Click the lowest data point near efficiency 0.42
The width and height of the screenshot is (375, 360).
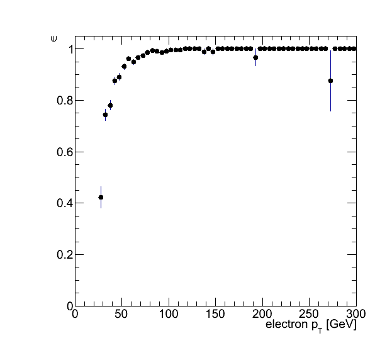tap(101, 198)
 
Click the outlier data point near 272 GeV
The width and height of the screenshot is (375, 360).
tap(330, 81)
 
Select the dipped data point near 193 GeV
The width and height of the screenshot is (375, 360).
tap(255, 58)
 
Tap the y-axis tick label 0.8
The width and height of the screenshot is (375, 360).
tap(64, 101)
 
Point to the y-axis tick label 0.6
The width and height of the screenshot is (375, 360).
tap(64, 152)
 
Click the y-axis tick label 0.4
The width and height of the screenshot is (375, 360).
tap(64, 203)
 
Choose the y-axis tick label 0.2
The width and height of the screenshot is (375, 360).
tap(64, 255)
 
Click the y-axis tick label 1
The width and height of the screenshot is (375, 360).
tap(70, 50)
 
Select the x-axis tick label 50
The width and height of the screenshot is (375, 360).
tap(121, 314)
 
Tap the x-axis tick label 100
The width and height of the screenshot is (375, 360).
tap(169, 314)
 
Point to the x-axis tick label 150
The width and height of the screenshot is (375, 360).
tap(215, 314)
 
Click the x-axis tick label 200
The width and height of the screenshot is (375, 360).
tap(262, 314)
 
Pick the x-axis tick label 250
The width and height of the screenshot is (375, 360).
tap(309, 314)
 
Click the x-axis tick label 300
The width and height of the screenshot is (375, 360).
tap(356, 314)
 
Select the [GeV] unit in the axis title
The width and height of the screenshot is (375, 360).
tap(341, 325)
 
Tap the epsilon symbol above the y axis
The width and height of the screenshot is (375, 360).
tap(54, 38)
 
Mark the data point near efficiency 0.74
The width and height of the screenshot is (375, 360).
tap(105, 115)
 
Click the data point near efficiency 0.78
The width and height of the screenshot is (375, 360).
tap(110, 106)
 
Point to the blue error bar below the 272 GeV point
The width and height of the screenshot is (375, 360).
tap(330, 98)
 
